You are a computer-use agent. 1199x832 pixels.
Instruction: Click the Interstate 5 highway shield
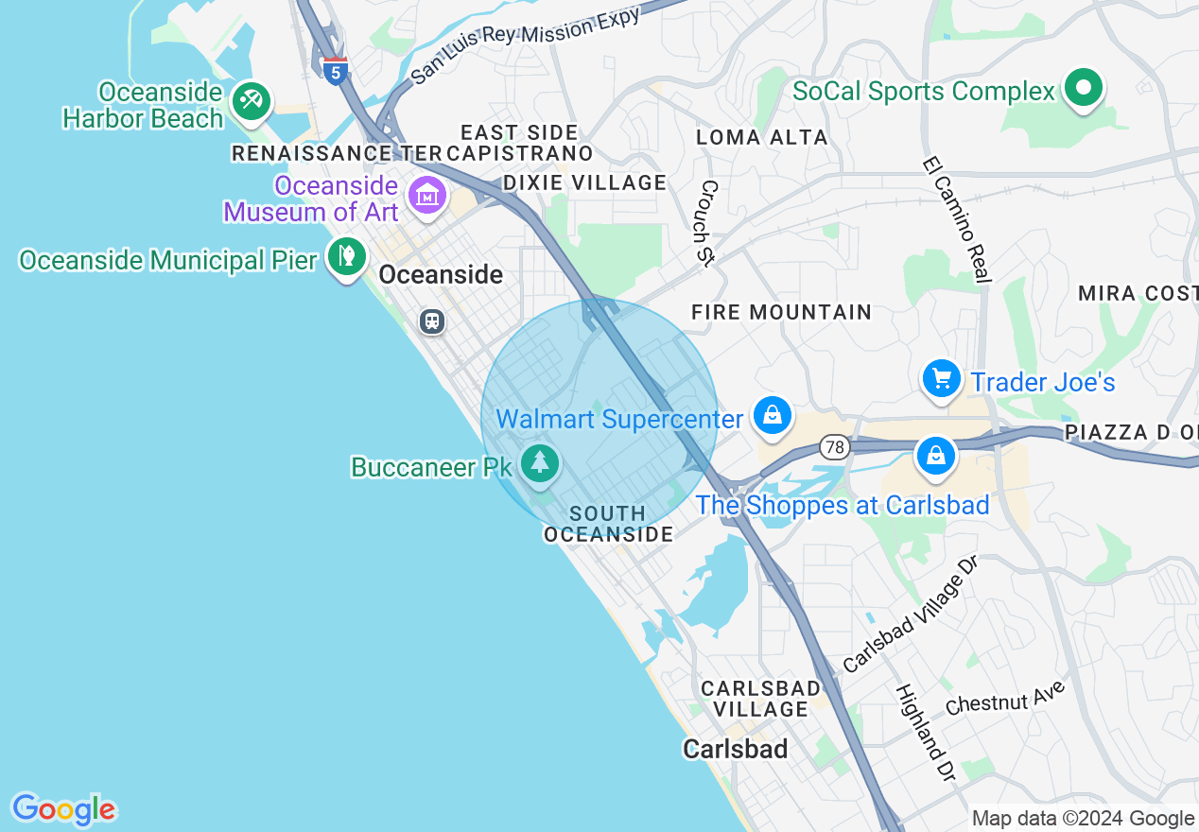pos(335,70)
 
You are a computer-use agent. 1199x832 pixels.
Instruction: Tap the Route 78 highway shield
pos(834,446)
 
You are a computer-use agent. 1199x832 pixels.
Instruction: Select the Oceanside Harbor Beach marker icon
pos(251,100)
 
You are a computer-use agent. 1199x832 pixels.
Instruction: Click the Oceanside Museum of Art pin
pos(426,195)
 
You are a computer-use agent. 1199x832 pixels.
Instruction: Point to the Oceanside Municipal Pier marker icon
pos(347,255)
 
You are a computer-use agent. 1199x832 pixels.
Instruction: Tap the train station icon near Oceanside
pos(432,321)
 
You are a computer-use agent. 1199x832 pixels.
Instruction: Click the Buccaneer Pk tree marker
pos(540,462)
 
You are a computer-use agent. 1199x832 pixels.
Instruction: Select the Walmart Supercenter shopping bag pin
pos(773,415)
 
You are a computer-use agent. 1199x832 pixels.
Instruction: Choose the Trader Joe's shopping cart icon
pos(941,379)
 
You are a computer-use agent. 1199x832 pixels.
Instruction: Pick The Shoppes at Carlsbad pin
pos(935,456)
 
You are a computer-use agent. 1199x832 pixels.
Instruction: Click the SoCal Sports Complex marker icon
pos(1084,89)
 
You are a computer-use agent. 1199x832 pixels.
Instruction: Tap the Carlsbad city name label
pos(736,749)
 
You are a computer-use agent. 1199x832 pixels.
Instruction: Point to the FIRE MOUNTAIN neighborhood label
pos(781,312)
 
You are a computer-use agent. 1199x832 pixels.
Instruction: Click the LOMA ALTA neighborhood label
pos(761,137)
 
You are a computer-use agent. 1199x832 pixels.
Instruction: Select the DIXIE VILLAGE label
pos(584,182)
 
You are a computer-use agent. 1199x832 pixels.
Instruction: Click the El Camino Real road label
pos(957,218)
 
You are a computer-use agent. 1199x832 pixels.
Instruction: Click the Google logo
pos(63,809)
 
